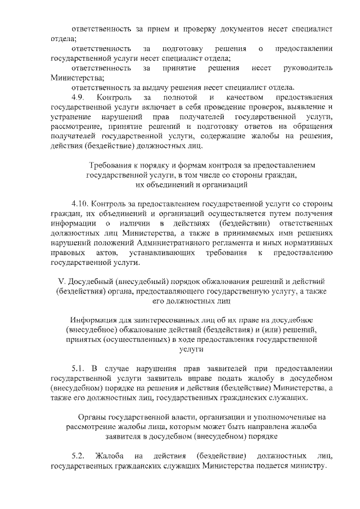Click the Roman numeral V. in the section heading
pos(62,281)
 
